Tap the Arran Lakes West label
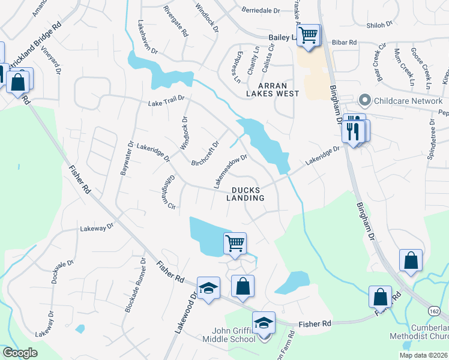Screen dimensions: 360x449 (273, 89)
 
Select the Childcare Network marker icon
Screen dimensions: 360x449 (363, 101)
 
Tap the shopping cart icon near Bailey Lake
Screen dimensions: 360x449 (309, 35)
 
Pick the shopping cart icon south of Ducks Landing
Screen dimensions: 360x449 (235, 244)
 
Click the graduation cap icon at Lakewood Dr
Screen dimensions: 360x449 (208, 289)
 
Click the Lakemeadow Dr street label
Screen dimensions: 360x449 (231, 170)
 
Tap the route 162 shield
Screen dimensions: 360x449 (434, 310)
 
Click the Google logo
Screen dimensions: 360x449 (20, 353)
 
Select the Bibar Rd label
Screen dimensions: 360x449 (345, 43)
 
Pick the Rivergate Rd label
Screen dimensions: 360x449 (176, 21)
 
